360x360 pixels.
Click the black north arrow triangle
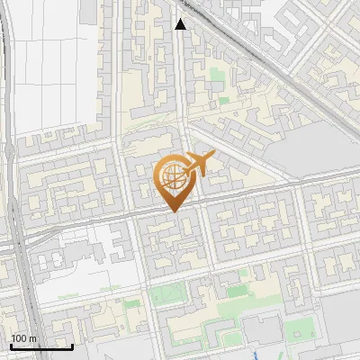click(180, 24)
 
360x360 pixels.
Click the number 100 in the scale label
click(19, 338)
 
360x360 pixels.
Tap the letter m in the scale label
click(32, 338)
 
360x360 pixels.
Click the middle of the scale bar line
click(41, 346)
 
